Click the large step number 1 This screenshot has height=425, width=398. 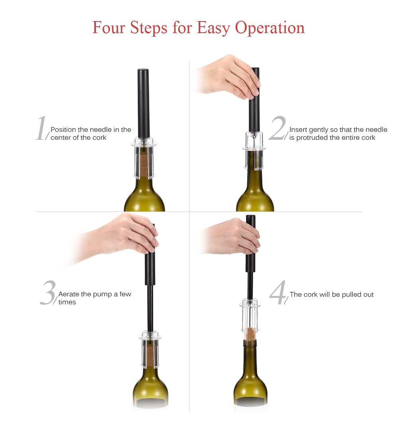pos(41,129)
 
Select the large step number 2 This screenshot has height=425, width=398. pos(277,129)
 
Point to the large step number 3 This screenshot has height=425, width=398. pos(48,293)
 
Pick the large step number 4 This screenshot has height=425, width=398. pos(277,293)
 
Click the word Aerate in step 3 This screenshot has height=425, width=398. pos(69,294)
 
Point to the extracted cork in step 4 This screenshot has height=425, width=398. pos(250,334)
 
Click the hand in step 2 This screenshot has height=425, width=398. pos(229,76)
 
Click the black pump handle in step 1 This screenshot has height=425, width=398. pos(143,104)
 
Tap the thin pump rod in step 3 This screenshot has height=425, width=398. pos(150,307)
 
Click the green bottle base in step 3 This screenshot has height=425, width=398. pos(150,388)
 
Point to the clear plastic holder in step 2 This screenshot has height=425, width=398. pos(254,149)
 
